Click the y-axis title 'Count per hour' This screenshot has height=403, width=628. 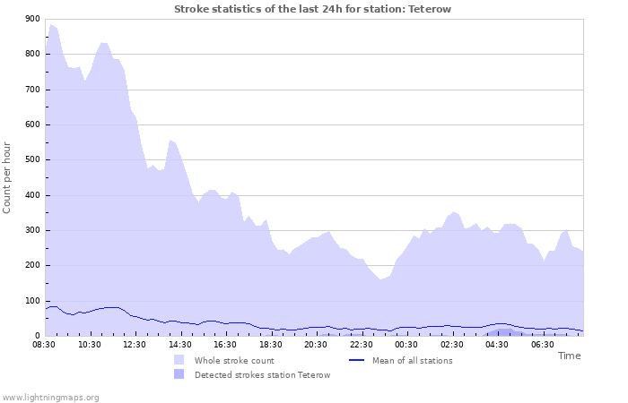[8, 177]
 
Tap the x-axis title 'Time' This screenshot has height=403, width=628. [569, 356]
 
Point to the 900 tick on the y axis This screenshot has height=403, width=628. [31, 19]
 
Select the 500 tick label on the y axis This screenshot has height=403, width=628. [31, 160]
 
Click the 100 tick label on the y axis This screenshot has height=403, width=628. [31, 301]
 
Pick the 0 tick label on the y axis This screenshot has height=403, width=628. [36, 336]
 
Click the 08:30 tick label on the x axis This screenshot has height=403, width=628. [45, 344]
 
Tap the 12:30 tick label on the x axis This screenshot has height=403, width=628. [135, 344]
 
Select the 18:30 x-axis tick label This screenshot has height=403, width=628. [271, 344]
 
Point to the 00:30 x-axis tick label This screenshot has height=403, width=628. [406, 344]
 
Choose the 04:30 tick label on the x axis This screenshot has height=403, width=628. [497, 344]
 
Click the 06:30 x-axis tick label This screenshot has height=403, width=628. [542, 344]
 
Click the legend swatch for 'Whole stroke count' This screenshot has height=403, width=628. [179, 360]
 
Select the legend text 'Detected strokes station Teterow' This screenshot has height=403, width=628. [262, 375]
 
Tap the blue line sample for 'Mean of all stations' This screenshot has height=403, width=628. [356, 360]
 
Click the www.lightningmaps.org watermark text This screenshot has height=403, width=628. [50, 397]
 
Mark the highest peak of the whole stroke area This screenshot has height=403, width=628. [51, 25]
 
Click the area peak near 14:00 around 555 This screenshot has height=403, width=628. [170, 141]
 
